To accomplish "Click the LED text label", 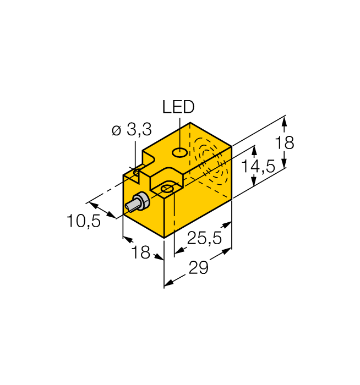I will (x=178, y=107).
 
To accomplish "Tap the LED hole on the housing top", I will (x=179, y=152).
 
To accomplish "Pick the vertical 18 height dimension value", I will (x=285, y=143).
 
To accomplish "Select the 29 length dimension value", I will (x=199, y=270).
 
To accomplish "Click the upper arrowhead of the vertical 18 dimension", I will (x=285, y=120).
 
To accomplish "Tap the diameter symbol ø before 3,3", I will (x=116, y=131).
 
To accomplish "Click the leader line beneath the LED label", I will (x=178, y=132).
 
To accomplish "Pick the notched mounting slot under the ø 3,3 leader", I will (x=136, y=174).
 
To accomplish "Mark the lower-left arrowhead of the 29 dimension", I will (x=168, y=283).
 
